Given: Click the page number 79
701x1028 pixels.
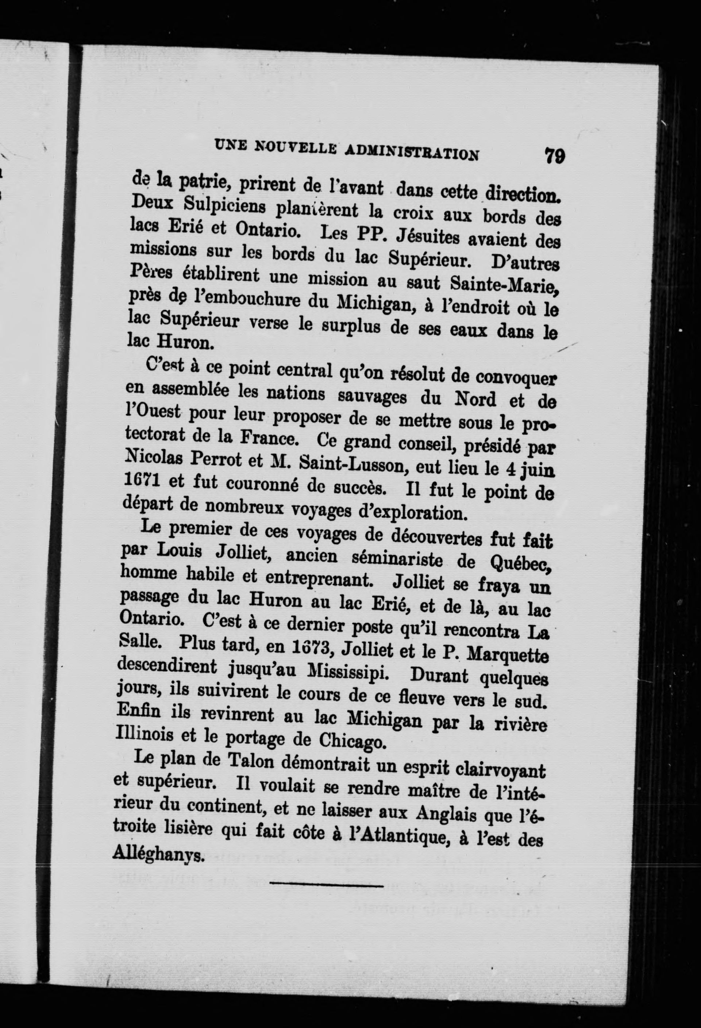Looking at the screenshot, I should [555, 156].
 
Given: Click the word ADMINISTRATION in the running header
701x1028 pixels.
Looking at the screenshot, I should [411, 152].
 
